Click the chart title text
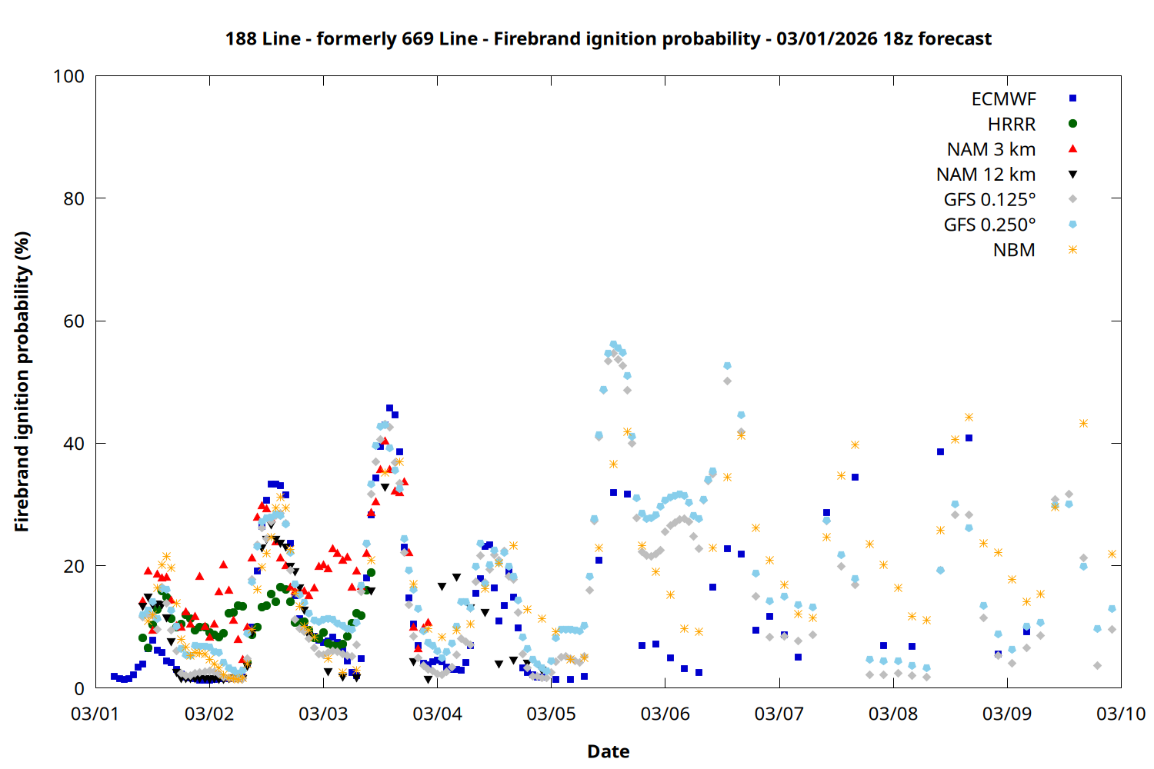tap(608, 38)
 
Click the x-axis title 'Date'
tap(608, 751)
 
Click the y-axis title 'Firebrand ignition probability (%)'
tap(22, 381)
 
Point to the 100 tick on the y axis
tap(68, 76)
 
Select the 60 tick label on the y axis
tap(74, 321)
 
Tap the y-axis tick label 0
tap(79, 689)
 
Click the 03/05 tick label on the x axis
tap(551, 714)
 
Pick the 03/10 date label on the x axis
tap(1121, 714)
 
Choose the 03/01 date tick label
tap(95, 714)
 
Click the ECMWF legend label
tap(1003, 99)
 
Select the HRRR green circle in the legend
tap(1072, 124)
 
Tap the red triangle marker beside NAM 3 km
tap(1072, 148)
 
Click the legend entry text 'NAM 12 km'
tap(986, 175)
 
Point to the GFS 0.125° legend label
tap(989, 200)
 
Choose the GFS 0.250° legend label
tap(989, 225)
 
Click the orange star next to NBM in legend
tap(1072, 250)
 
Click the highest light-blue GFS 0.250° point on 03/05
tap(613, 345)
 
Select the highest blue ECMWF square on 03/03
tap(389, 408)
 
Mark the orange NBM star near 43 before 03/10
tap(1083, 424)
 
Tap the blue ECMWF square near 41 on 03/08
tap(969, 438)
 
